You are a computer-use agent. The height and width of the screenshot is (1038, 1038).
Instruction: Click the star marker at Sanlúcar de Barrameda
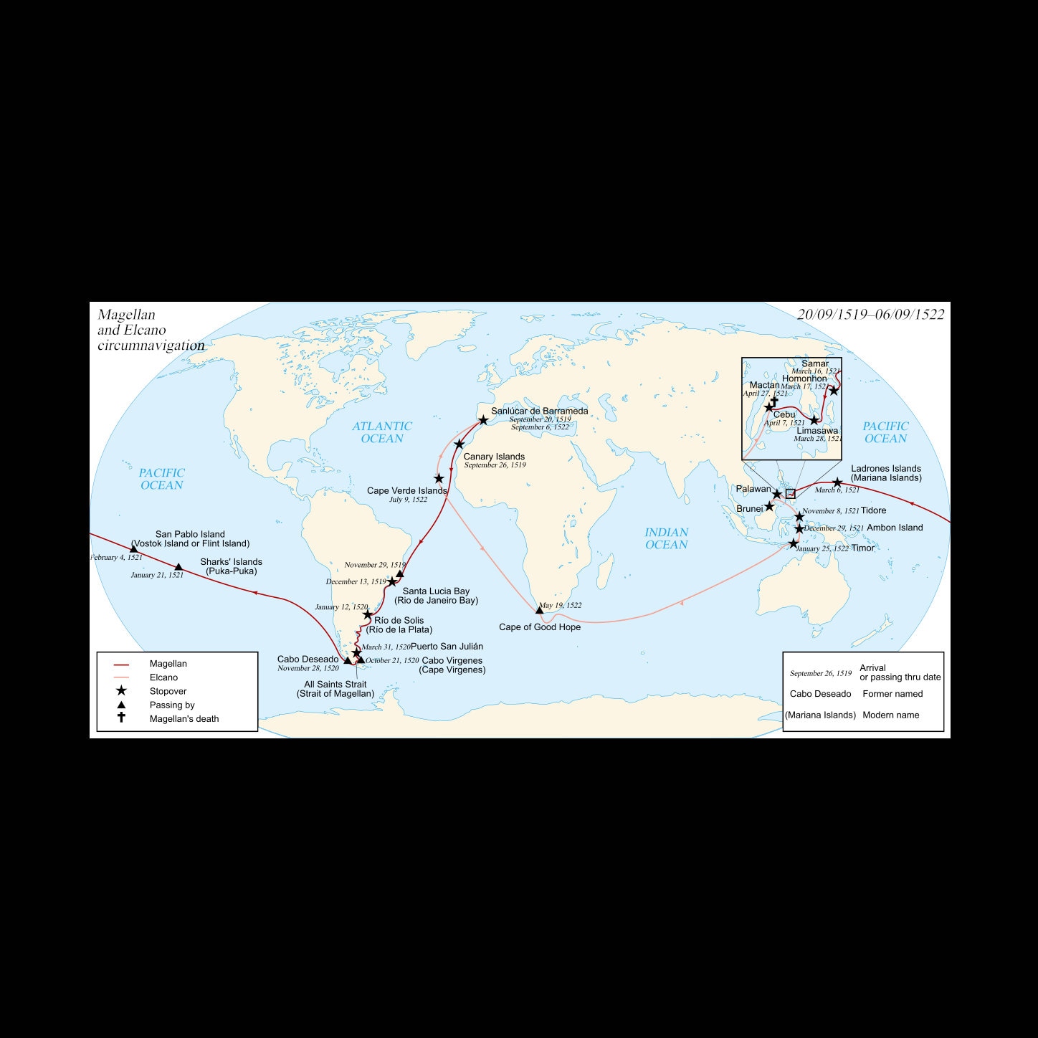[x=483, y=420]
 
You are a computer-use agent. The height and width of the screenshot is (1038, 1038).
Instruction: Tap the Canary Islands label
[x=494, y=457]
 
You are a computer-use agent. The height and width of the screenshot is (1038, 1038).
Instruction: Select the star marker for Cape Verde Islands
[x=439, y=478]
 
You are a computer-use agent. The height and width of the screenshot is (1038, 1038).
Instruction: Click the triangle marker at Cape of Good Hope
[x=540, y=610]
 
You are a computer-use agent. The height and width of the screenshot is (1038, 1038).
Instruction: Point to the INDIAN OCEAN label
[x=667, y=538]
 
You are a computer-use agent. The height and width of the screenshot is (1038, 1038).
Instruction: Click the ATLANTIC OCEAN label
[x=382, y=432]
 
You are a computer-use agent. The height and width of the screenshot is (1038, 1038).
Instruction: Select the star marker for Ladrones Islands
[x=837, y=482]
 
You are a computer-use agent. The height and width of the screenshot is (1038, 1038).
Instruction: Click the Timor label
[x=863, y=548]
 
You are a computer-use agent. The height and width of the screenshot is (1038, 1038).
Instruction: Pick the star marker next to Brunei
[x=769, y=506]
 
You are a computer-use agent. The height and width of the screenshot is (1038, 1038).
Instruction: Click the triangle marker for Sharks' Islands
[x=178, y=567]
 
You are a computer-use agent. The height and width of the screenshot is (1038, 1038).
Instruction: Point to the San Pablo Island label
[x=190, y=534]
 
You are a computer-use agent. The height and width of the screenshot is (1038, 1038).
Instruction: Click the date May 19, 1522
[x=561, y=605]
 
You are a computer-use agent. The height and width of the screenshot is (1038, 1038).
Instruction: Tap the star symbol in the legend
[x=121, y=691]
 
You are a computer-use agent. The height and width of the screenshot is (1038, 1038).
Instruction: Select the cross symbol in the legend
[x=121, y=718]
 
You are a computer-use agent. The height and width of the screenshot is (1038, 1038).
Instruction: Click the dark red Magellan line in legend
[x=121, y=665]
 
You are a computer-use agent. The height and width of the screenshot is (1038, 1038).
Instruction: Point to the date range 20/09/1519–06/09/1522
[x=870, y=314]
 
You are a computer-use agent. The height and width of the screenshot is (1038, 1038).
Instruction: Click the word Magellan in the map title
[x=126, y=315]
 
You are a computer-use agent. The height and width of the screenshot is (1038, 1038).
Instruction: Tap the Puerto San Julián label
[x=447, y=647]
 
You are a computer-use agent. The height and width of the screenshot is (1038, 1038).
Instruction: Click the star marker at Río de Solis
[x=368, y=614]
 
